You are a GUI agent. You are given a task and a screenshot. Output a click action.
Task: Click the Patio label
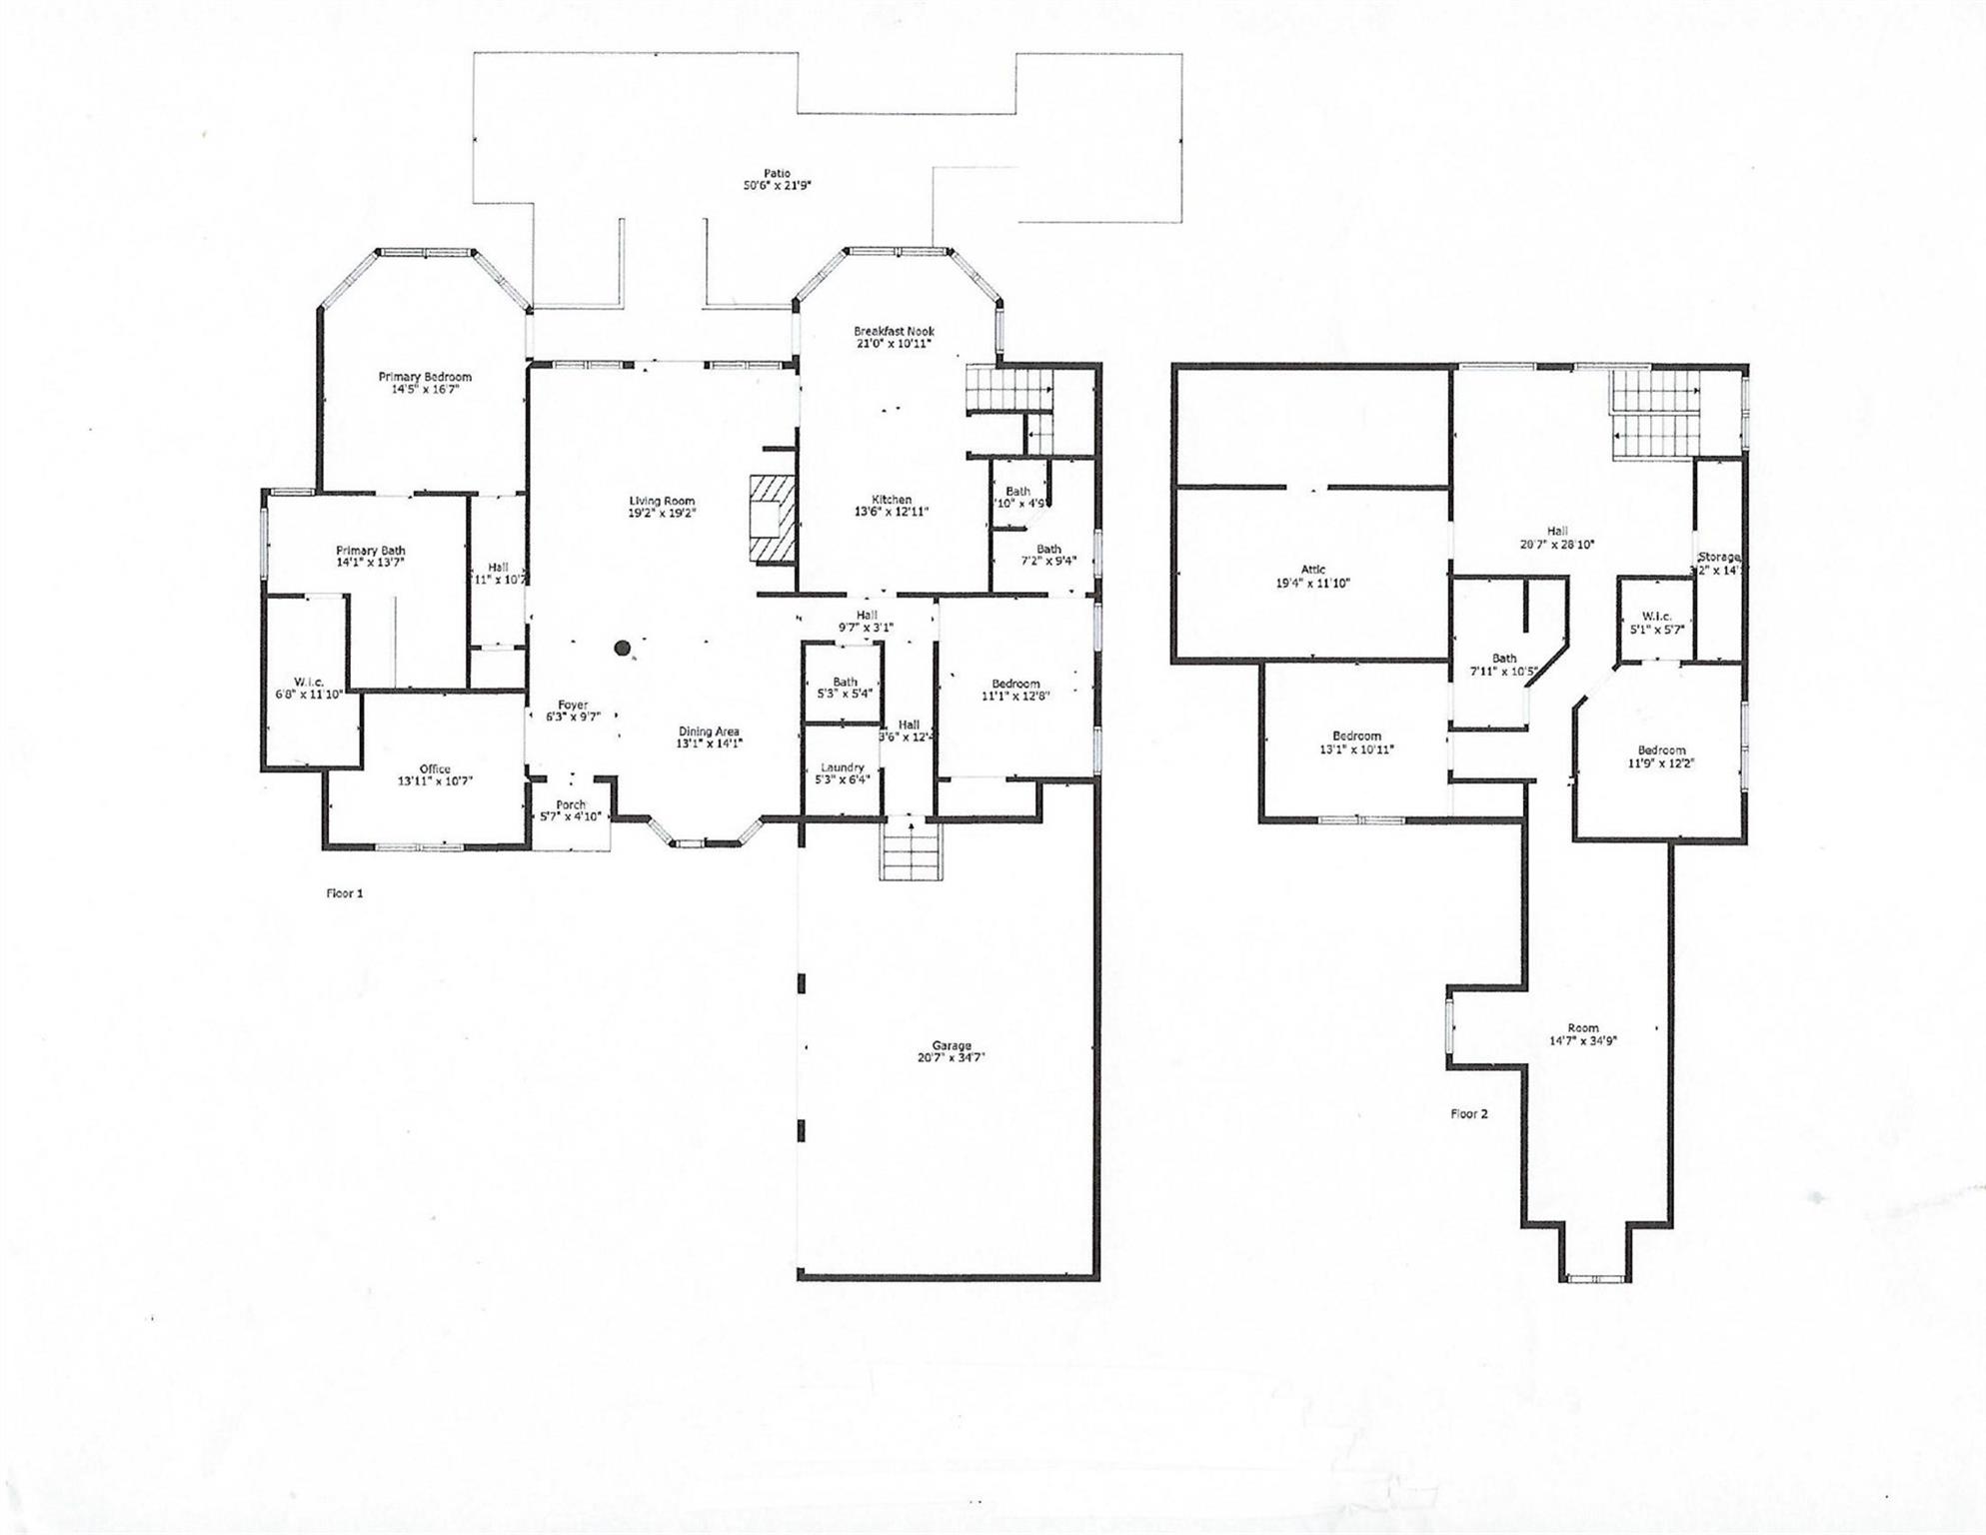(776, 174)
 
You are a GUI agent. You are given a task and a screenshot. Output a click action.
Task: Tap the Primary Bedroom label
(425, 377)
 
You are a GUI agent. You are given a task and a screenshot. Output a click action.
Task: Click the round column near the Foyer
(623, 649)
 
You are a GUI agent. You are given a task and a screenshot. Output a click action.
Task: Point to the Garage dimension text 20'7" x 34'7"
(952, 1057)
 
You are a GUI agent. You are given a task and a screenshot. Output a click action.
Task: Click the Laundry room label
(842, 767)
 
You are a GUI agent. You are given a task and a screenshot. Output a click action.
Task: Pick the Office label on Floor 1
(435, 768)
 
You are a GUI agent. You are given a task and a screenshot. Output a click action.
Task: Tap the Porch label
(571, 804)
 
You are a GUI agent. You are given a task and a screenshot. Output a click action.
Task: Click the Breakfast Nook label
(894, 331)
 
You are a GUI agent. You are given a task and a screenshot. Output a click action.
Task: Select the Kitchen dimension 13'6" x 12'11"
(892, 512)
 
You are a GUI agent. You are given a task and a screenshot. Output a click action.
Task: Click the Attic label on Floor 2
(1312, 570)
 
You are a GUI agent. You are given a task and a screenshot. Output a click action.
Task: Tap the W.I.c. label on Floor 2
(1656, 617)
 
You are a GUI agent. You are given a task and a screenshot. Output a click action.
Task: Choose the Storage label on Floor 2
(1719, 557)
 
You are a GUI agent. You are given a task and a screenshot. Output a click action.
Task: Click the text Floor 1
(345, 893)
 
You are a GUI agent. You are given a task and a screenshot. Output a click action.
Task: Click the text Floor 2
(1468, 1113)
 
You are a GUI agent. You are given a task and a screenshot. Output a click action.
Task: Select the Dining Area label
(709, 732)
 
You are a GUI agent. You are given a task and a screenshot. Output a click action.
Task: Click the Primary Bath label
(371, 551)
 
